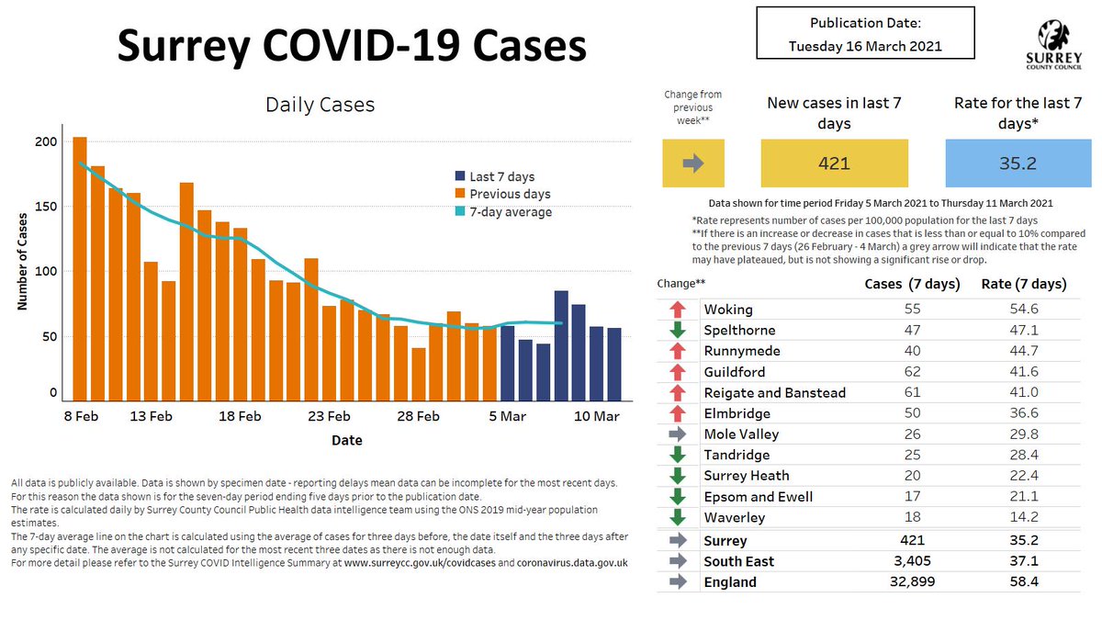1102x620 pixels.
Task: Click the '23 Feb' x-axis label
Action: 329,416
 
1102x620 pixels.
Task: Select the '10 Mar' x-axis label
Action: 597,416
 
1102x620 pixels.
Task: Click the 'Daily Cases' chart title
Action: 320,105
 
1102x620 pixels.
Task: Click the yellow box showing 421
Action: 835,163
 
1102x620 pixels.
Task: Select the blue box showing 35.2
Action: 1019,163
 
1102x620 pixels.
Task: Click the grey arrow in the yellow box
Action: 693,163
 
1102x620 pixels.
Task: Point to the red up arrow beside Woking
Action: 678,310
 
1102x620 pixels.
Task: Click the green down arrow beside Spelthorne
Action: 678,331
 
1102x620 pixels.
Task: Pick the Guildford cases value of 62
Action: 912,372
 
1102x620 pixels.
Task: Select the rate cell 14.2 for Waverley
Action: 1023,517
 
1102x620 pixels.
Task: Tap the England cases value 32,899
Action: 912,581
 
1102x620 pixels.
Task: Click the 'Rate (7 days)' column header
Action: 1023,284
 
